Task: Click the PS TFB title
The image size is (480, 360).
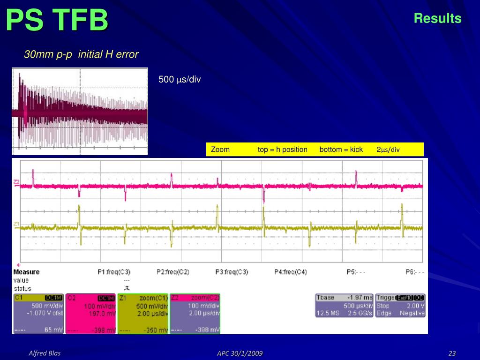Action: [57, 21]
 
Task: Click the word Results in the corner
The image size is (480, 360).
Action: [437, 18]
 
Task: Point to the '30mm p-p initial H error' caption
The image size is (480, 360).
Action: [81, 54]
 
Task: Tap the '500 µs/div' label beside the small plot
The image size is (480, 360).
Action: [180, 80]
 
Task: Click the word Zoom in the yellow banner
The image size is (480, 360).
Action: [220, 150]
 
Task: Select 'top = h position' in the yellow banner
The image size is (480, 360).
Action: [283, 150]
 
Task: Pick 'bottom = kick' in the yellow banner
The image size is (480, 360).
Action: [341, 150]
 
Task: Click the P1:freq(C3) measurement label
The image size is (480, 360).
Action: [114, 272]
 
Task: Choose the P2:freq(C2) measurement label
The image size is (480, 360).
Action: [173, 272]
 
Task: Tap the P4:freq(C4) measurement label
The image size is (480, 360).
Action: [291, 272]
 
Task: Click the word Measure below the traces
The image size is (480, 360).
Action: [26, 272]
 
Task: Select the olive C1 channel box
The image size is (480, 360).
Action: [38, 314]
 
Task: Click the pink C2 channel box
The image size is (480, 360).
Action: [91, 314]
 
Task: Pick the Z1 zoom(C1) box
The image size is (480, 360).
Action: [143, 314]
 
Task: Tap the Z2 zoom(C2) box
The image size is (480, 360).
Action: [195, 314]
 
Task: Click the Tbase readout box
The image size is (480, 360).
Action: [345, 305]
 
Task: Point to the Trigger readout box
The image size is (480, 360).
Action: [400, 305]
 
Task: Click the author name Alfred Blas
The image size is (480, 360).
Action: [45, 353]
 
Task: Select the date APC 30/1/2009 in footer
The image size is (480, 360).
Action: [240, 353]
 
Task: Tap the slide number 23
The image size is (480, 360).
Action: [452, 353]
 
